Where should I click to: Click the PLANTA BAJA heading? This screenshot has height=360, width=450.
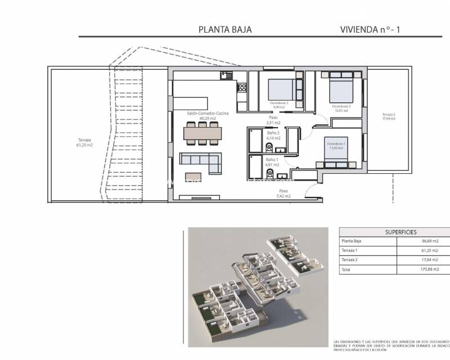225,29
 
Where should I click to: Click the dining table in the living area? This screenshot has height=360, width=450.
202,133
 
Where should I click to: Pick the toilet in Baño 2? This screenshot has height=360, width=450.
269,148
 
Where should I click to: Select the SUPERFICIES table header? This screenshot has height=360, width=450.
393,232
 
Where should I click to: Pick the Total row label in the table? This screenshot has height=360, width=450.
346,270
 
